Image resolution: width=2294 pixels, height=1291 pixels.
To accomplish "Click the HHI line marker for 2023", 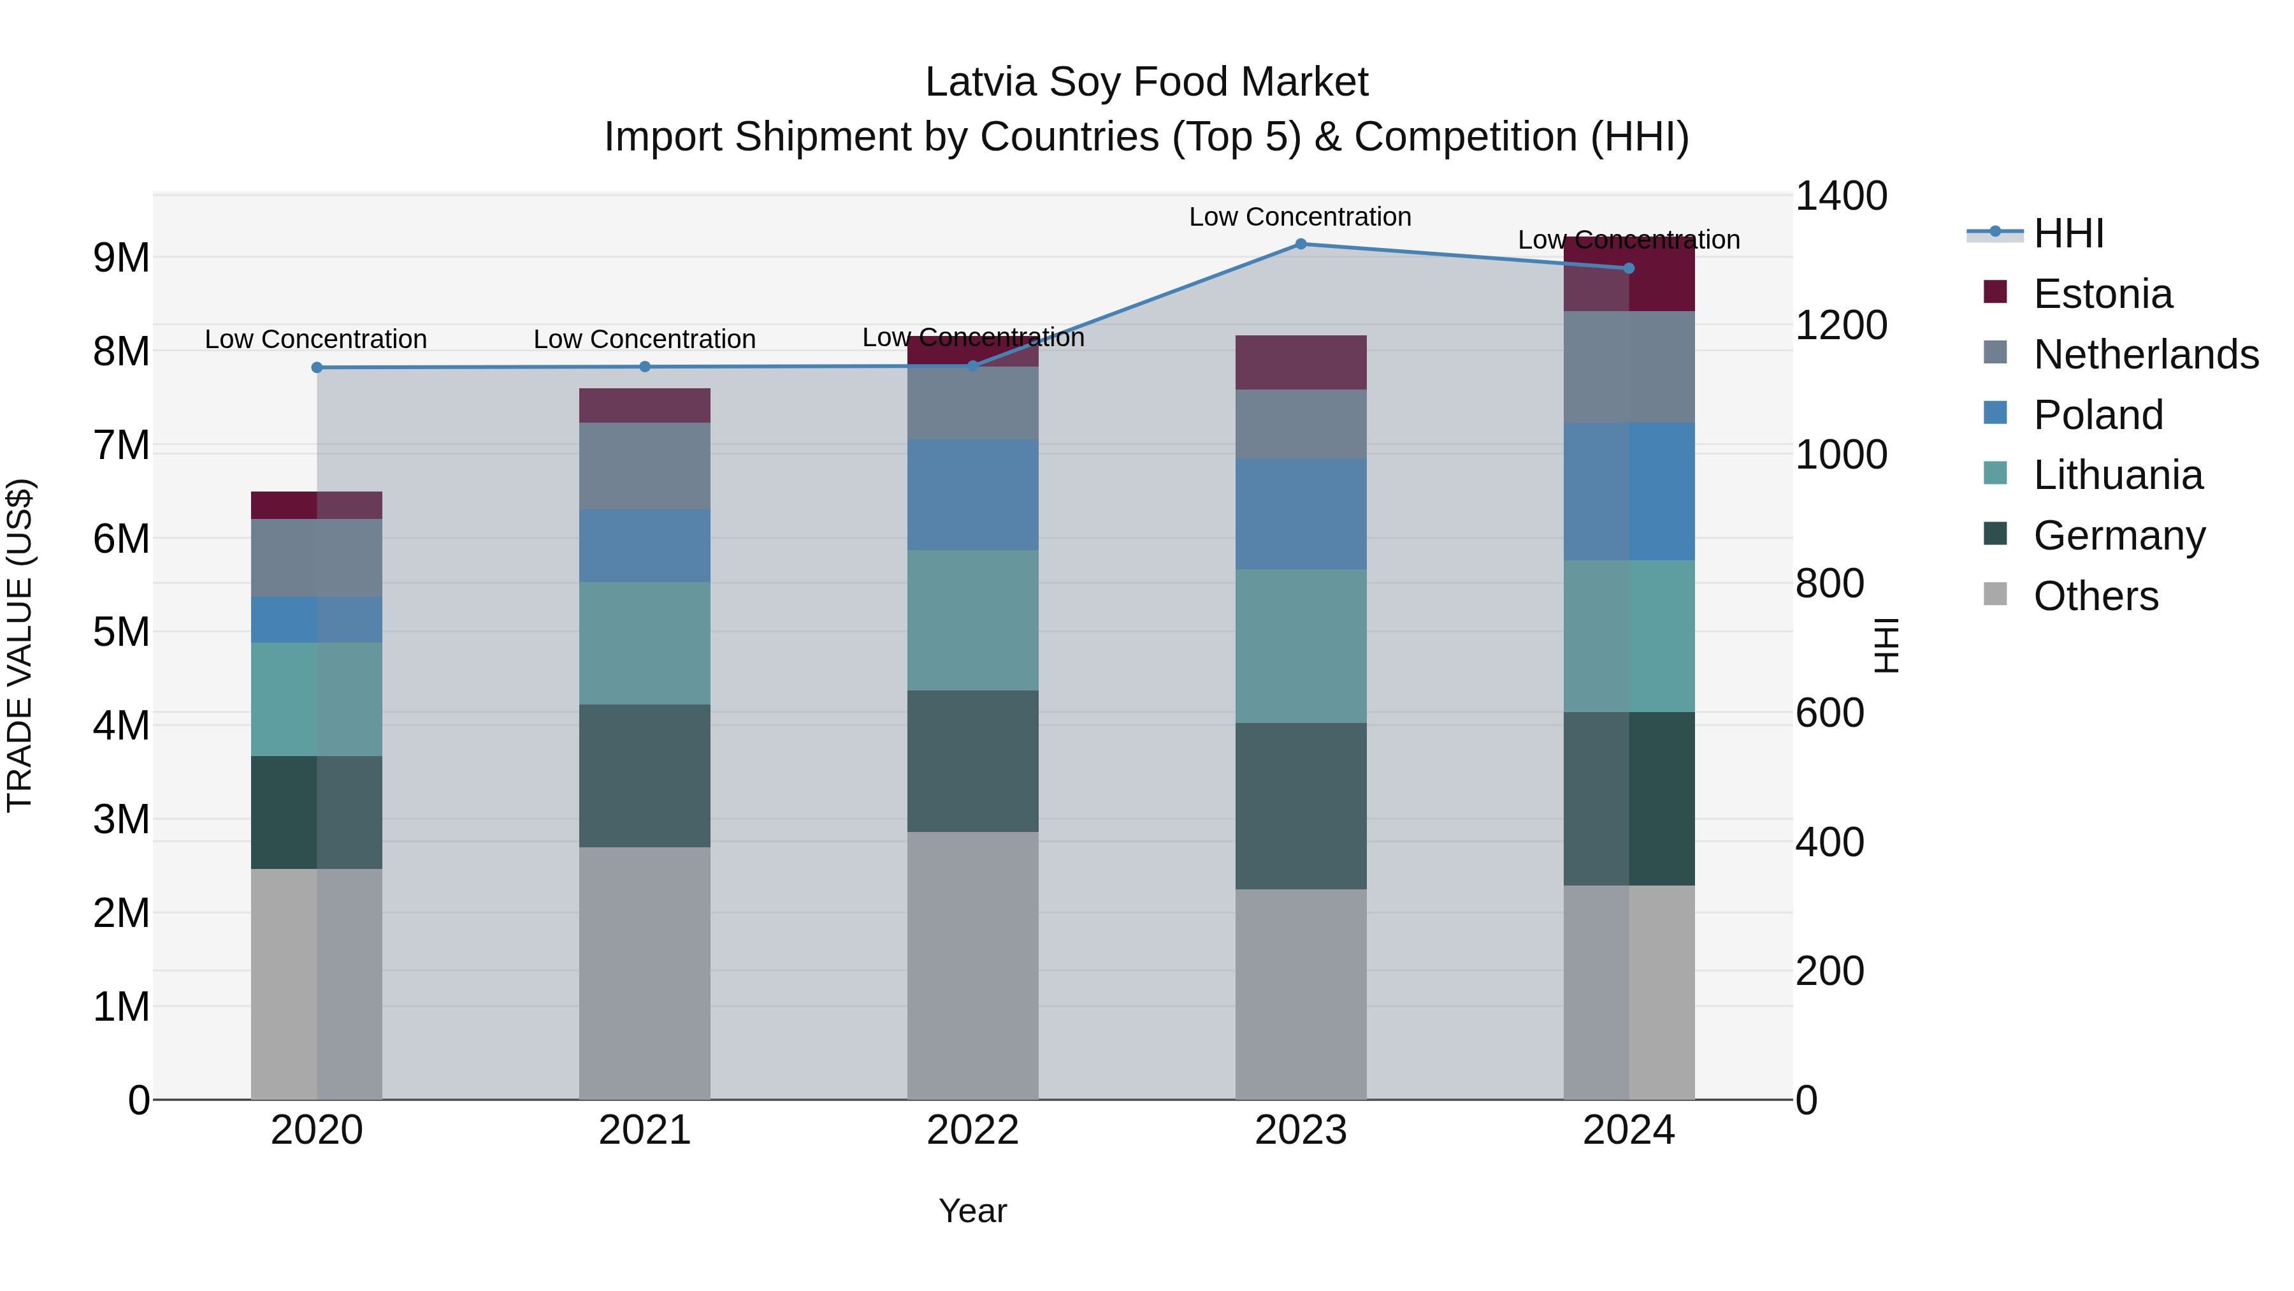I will [1300, 244].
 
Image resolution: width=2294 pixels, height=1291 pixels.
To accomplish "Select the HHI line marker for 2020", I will [317, 367].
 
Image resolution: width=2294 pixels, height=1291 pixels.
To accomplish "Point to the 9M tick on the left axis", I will [121, 258].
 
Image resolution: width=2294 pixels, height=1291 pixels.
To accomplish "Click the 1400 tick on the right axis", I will [1840, 196].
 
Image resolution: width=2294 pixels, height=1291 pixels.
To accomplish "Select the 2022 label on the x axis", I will [972, 1130].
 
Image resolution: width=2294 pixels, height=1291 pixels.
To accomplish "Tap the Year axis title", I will [972, 1211].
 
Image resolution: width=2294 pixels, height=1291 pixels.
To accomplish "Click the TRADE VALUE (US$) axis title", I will [20, 645].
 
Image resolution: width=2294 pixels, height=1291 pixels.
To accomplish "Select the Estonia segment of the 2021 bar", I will [645, 405].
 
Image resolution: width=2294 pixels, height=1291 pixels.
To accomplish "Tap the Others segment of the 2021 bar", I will [645, 973].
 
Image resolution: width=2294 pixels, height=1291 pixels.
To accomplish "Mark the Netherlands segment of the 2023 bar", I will [1300, 424].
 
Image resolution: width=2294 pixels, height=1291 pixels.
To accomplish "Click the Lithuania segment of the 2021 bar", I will [645, 643].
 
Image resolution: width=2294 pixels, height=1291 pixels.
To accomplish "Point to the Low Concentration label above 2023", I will [1300, 217].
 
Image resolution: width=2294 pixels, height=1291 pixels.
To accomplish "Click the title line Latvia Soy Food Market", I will [1146, 82].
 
